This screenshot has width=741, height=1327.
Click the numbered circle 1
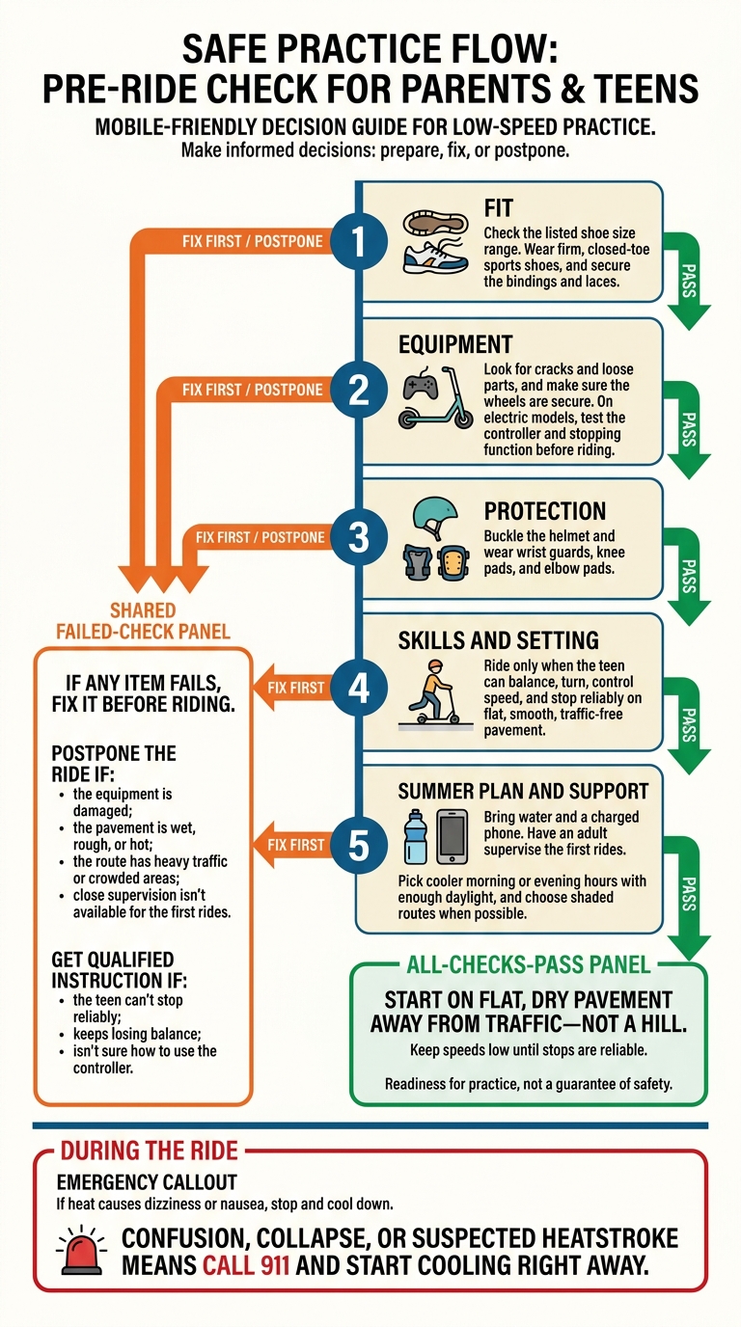[359, 242]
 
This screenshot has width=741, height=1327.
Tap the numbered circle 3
[359, 538]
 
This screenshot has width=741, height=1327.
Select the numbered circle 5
[359, 845]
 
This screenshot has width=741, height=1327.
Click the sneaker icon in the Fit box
[434, 257]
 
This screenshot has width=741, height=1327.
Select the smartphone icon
[452, 836]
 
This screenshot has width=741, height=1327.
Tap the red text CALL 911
[246, 1265]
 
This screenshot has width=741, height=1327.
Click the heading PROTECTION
[545, 511]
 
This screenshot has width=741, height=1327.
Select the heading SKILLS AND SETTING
[499, 640]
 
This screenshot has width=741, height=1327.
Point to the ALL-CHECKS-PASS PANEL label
[528, 965]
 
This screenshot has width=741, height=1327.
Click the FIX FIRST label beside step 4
[296, 688]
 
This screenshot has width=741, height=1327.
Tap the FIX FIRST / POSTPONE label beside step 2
[253, 390]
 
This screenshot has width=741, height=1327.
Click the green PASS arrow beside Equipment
[686, 429]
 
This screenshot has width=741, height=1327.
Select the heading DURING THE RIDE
[149, 1151]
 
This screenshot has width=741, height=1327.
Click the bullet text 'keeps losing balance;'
[138, 1035]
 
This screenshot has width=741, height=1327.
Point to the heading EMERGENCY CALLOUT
[147, 1182]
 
